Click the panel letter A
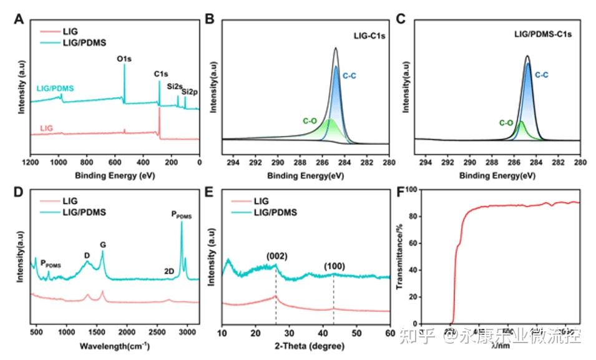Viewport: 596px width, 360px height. click(19, 19)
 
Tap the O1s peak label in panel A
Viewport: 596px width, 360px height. click(124, 59)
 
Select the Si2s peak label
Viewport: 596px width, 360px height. click(173, 86)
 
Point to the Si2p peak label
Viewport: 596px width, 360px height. click(188, 91)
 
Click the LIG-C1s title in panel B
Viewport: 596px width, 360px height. click(365, 36)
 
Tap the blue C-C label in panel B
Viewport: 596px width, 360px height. click(349, 75)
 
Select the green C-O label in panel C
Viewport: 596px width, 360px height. click(506, 123)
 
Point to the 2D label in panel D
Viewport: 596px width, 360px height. click(169, 271)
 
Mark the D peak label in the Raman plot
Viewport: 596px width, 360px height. click(87, 255)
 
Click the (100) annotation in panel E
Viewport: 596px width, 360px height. click(333, 267)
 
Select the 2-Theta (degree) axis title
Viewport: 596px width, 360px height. click(306, 344)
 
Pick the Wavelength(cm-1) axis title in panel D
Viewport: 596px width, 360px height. click(115, 344)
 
